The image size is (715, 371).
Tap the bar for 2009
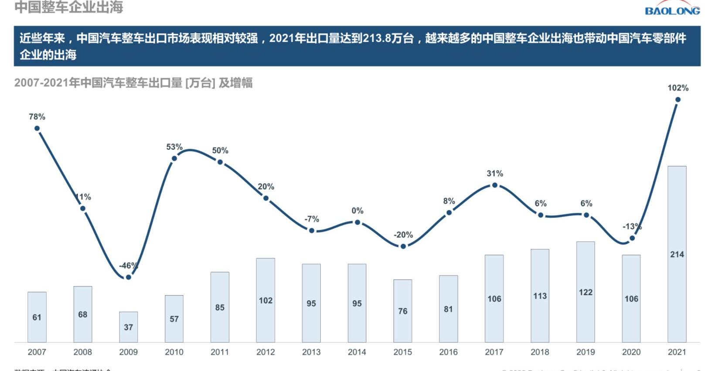(128, 327)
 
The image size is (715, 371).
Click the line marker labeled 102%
(678, 100)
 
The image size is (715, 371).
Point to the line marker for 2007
(37, 128)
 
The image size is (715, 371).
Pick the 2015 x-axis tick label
(402, 352)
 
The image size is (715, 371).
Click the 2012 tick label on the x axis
(266, 352)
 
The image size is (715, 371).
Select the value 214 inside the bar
(677, 254)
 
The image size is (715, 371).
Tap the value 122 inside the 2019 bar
(586, 292)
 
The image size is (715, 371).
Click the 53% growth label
(174, 147)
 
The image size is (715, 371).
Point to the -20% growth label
(403, 235)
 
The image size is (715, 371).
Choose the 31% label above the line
(494, 174)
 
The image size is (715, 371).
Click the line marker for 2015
(403, 246)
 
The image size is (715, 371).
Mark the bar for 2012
(266, 300)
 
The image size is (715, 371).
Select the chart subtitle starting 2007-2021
(133, 83)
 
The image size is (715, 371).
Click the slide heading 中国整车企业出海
(69, 7)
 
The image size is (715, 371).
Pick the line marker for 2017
(494, 185)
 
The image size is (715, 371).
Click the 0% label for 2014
(357, 211)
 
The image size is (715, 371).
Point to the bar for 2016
(448, 309)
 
